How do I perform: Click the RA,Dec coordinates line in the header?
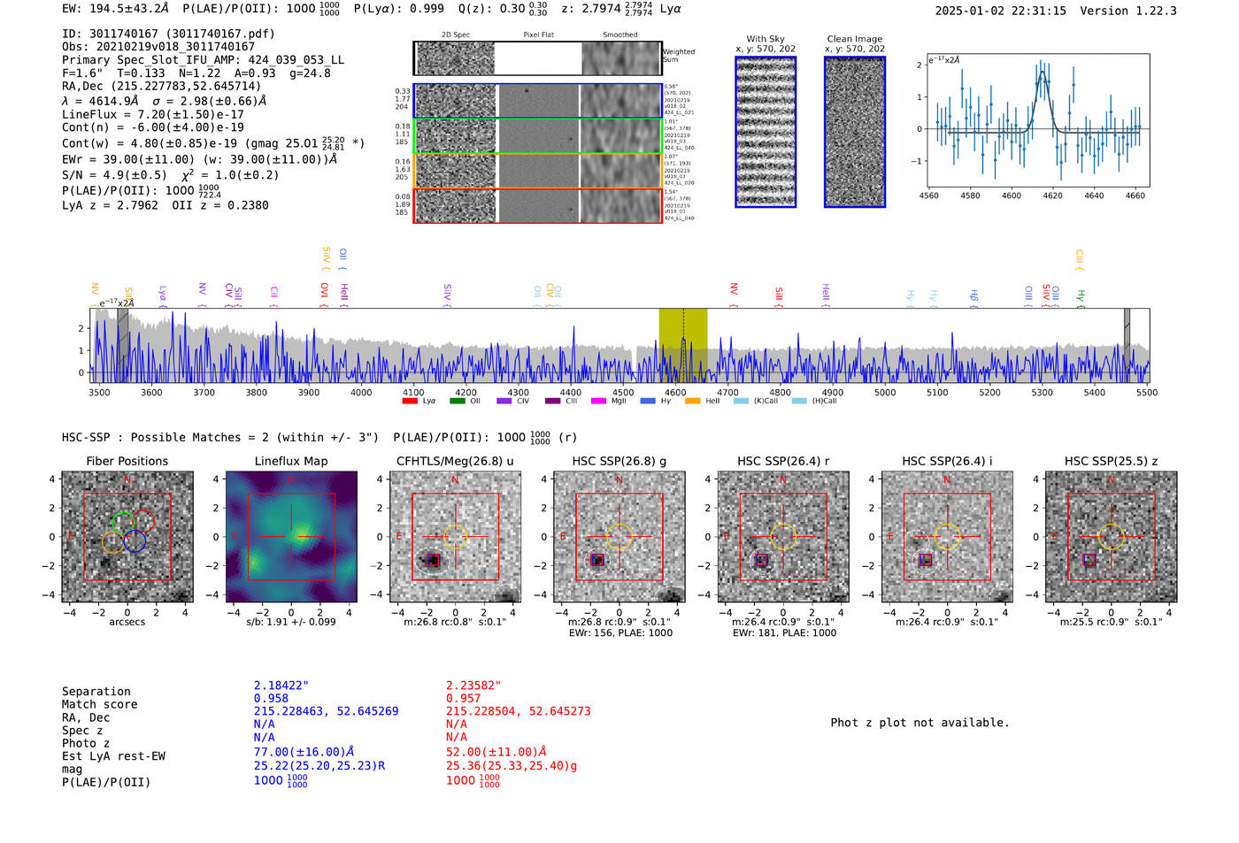click(x=162, y=86)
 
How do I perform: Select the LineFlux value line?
click(x=152, y=114)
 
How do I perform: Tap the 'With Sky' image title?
click(x=765, y=39)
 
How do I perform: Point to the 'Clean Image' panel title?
click(x=854, y=39)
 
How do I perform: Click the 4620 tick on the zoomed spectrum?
click(x=1052, y=195)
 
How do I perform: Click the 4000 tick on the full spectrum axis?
click(x=361, y=392)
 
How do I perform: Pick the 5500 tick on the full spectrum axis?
click(x=1147, y=392)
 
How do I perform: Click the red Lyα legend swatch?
click(x=410, y=402)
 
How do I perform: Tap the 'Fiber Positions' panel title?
click(x=127, y=461)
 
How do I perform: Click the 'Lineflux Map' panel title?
click(x=290, y=461)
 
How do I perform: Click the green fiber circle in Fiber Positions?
click(x=123, y=521)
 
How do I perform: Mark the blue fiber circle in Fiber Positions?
click(x=135, y=541)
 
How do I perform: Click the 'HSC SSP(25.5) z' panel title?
click(x=1111, y=461)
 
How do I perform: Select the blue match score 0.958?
click(x=271, y=698)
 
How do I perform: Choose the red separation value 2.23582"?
click(x=473, y=685)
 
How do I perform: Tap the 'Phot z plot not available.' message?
click(x=920, y=723)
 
